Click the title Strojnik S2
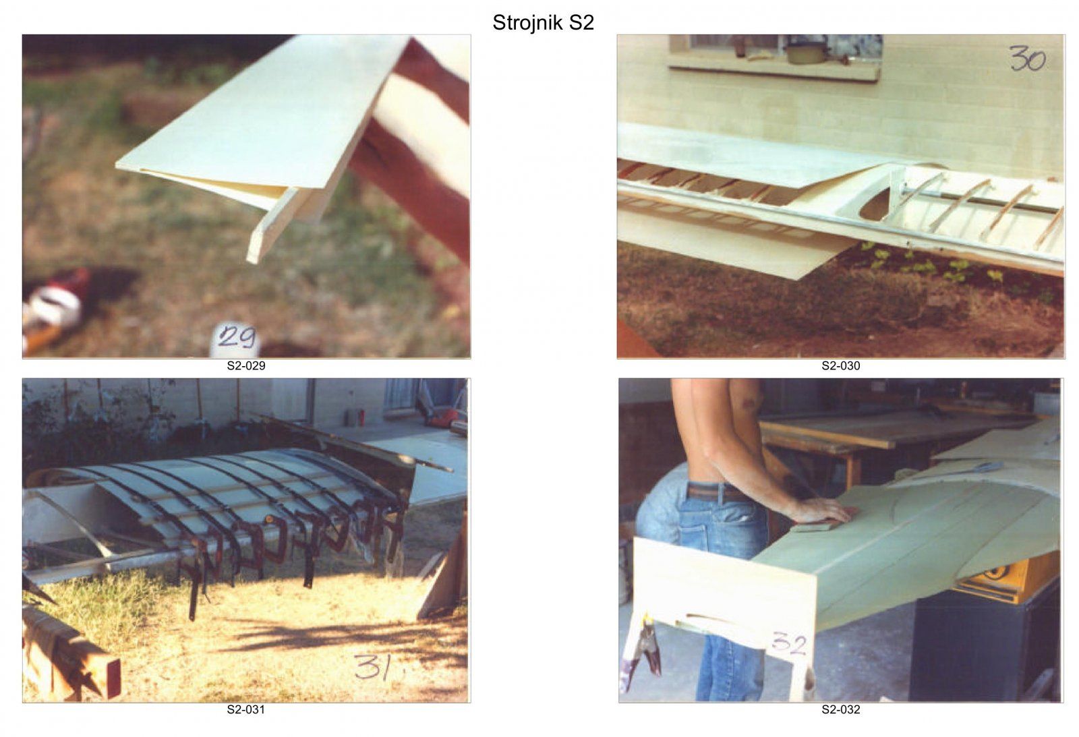[x=543, y=23]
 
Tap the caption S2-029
[x=246, y=366]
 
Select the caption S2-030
[x=840, y=366]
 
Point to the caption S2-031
[x=246, y=709]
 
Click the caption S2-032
[x=840, y=709]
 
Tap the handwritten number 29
[x=236, y=336]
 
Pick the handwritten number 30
[x=1028, y=59]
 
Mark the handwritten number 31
[x=372, y=666]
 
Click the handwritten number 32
[x=790, y=644]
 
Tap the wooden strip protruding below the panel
[x=274, y=224]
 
